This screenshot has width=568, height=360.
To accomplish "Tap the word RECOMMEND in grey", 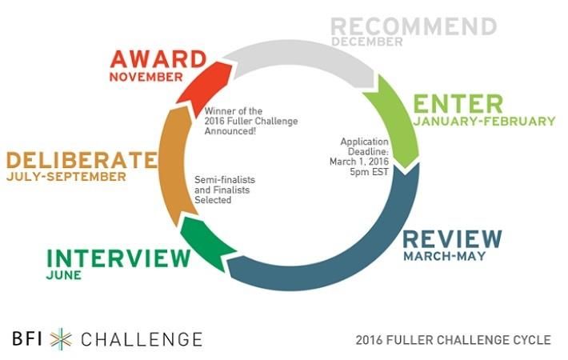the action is (413, 26).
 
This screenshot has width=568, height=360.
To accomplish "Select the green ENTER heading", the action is (458, 104).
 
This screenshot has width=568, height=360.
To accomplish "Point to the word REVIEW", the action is (452, 239).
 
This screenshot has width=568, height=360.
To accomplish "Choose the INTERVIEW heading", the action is (118, 258).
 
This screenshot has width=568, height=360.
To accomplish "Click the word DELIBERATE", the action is (78, 158).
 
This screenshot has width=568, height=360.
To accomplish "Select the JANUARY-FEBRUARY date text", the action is (484, 122).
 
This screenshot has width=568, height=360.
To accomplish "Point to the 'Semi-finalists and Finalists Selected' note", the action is (214, 190).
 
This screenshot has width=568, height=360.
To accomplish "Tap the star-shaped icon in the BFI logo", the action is (61, 338).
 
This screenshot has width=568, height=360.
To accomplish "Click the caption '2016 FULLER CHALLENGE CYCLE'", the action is (453, 340).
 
